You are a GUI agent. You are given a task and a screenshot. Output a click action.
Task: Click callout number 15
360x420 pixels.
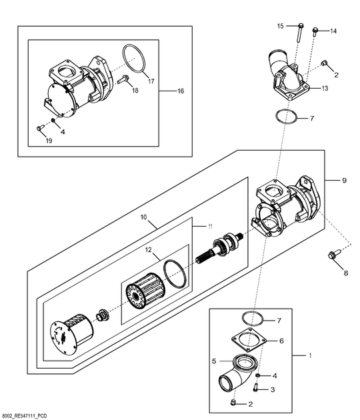(280, 26)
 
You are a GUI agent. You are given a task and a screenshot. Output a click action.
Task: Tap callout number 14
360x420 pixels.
(333, 31)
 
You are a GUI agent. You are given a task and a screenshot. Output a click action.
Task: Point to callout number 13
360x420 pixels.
(325, 88)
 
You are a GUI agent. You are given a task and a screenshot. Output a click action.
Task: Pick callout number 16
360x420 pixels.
(181, 91)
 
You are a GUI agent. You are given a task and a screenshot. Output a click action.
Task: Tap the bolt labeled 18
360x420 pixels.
(123, 79)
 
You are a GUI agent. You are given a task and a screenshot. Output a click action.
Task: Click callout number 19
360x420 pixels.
(49, 141)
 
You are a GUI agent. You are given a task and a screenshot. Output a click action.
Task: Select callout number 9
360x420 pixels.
(345, 180)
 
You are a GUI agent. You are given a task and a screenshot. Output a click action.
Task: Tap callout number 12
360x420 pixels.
(149, 250)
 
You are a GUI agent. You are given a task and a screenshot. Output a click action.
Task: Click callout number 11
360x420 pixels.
(211, 227)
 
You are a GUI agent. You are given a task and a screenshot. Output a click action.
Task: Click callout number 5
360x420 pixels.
(214, 361)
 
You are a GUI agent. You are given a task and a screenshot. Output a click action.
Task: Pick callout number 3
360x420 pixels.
(273, 389)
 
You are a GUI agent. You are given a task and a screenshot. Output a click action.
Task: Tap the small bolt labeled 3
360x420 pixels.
(255, 387)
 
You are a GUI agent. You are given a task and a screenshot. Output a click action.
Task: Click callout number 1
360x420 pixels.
(310, 356)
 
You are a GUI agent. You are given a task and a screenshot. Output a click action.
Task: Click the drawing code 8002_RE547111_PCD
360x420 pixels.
(23, 416)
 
